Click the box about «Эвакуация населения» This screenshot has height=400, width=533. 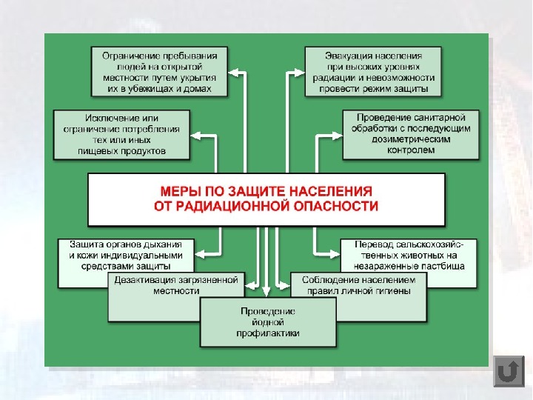373,72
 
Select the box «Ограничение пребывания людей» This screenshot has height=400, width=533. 159,72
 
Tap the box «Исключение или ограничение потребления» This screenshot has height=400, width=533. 121,134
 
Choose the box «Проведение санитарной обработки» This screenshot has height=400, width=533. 409,134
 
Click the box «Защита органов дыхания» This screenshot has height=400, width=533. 126,254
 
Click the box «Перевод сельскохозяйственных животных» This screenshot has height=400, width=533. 409,254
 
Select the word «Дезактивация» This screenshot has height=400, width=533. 144,280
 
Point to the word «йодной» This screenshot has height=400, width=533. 268,322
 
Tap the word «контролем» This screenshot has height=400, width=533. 409,150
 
